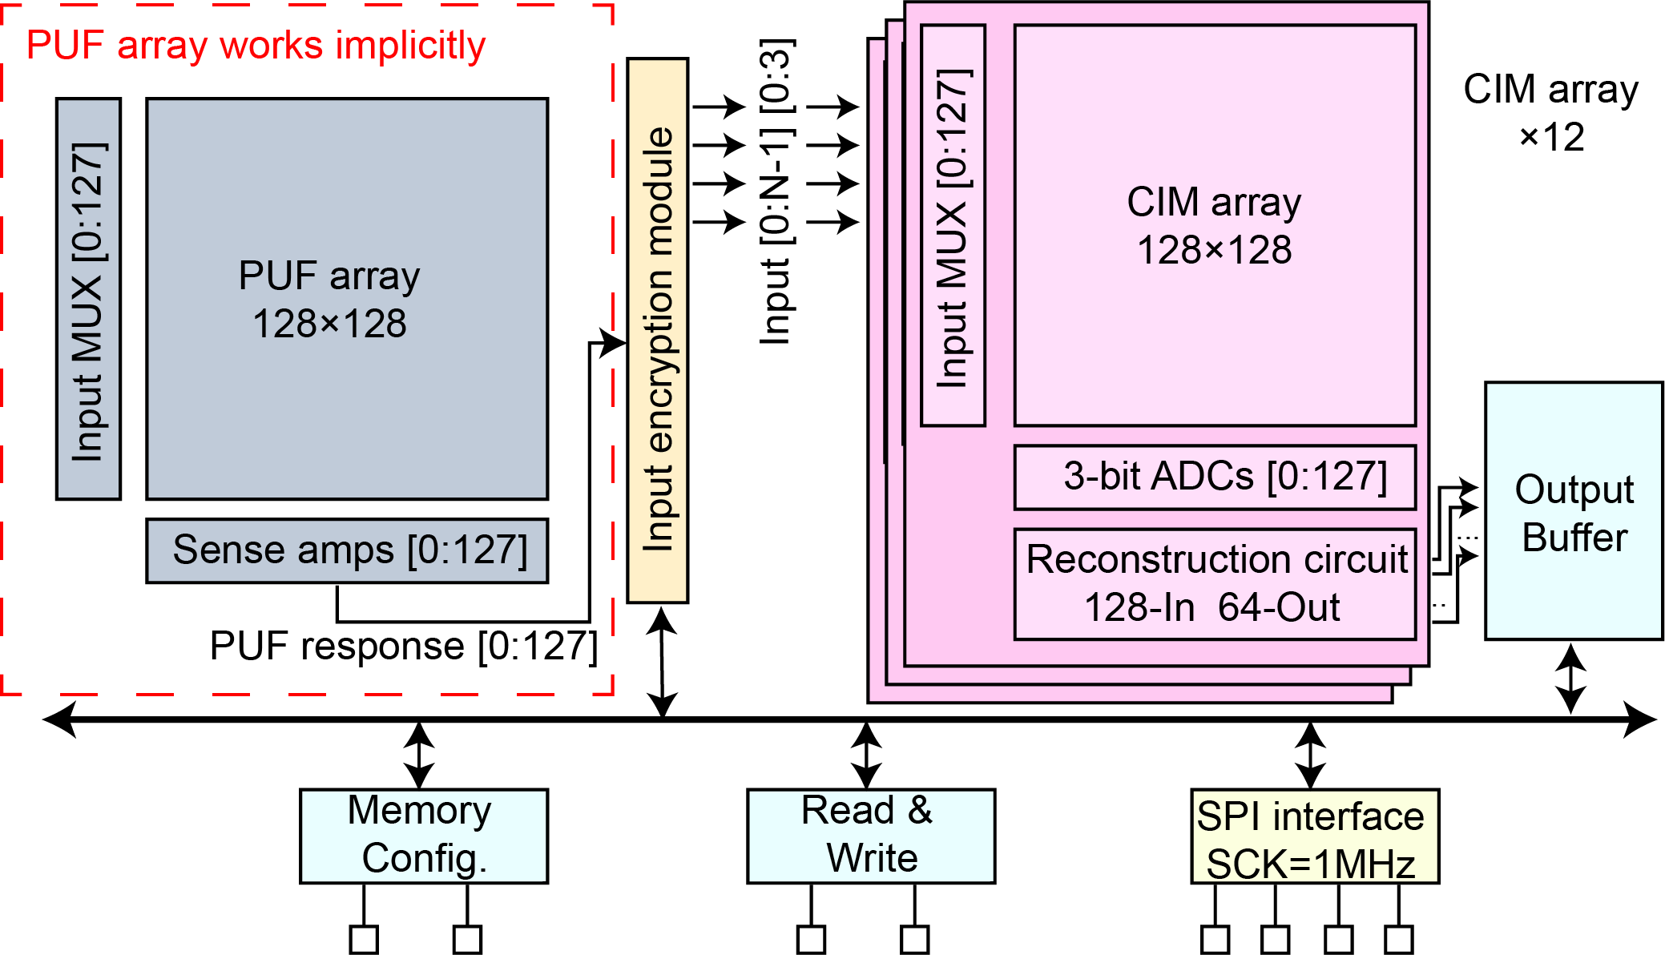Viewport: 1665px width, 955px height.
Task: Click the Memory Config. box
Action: (x=424, y=836)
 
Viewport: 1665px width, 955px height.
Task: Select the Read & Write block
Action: (x=871, y=836)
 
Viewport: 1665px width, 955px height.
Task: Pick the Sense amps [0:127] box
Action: (x=347, y=551)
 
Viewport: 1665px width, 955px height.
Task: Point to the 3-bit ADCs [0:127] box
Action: (x=1215, y=477)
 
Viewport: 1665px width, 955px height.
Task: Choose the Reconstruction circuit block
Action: (x=1215, y=584)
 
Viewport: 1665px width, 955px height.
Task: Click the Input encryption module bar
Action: (x=658, y=330)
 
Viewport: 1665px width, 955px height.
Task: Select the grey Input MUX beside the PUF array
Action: (x=88, y=300)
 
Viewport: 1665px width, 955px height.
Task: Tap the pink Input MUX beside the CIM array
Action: (x=953, y=226)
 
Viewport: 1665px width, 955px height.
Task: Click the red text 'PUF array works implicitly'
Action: (x=256, y=46)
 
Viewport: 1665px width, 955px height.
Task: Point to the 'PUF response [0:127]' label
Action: (x=403, y=646)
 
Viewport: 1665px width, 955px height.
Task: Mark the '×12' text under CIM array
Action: (x=1552, y=137)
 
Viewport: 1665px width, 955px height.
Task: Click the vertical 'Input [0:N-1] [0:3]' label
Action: (x=776, y=192)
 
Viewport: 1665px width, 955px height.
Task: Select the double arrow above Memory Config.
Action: (x=420, y=755)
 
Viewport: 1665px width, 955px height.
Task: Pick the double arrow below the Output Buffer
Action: (x=1570, y=679)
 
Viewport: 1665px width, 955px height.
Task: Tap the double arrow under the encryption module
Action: (x=662, y=662)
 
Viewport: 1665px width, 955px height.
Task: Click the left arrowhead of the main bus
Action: (x=59, y=719)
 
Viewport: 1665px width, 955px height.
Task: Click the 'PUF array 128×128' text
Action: (x=329, y=300)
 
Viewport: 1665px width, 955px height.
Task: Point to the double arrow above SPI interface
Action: (x=1310, y=755)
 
